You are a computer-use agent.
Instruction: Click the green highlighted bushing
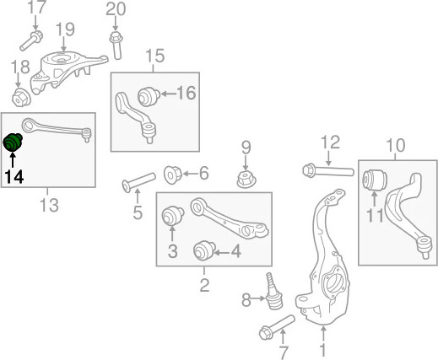[x=13, y=142]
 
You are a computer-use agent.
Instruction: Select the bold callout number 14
[x=14, y=177]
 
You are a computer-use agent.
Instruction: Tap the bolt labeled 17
[x=31, y=40]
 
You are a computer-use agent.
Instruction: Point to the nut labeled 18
[x=21, y=97]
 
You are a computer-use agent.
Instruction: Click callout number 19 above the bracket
[x=65, y=30]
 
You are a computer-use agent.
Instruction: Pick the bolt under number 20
[x=116, y=46]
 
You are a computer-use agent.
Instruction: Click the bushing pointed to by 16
[x=149, y=97]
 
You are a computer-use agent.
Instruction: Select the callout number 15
[x=155, y=56]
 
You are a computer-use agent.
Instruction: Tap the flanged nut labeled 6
[x=173, y=175]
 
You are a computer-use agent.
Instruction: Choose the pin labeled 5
[x=138, y=182]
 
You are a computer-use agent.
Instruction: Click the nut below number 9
[x=246, y=180]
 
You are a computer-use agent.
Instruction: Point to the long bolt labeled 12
[x=328, y=170]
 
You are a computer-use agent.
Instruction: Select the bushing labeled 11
[x=375, y=180]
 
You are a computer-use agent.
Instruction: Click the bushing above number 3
[x=173, y=216]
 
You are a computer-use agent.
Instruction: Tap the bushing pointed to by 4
[x=205, y=250]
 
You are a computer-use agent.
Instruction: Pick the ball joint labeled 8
[x=273, y=292]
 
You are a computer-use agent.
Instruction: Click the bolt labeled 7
[x=277, y=327]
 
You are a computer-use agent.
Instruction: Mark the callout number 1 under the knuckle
[x=323, y=351]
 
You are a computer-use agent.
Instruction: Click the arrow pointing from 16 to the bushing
[x=168, y=94]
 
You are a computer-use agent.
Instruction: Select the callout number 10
[x=395, y=146]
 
